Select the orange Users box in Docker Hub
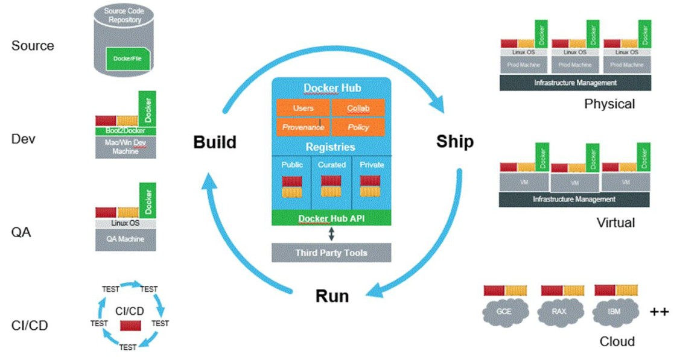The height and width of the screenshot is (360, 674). tap(303, 108)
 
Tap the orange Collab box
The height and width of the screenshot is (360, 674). tap(358, 108)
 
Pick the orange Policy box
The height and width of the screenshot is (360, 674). tap(358, 127)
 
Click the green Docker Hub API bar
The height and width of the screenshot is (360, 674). tap(331, 218)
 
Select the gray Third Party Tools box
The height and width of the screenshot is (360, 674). tap(331, 252)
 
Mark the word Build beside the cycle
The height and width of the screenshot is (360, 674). tap(215, 142)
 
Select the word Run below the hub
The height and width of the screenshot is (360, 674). tap(332, 296)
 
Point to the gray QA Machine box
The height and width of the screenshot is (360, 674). tap(126, 239)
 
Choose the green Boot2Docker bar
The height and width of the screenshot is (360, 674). tap(126, 131)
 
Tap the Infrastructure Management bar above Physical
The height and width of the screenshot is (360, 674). tap(574, 83)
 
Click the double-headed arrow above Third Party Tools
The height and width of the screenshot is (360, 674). tap(331, 234)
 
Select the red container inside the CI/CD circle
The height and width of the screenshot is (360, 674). tap(130, 326)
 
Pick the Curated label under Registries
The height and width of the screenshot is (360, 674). tap(331, 164)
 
